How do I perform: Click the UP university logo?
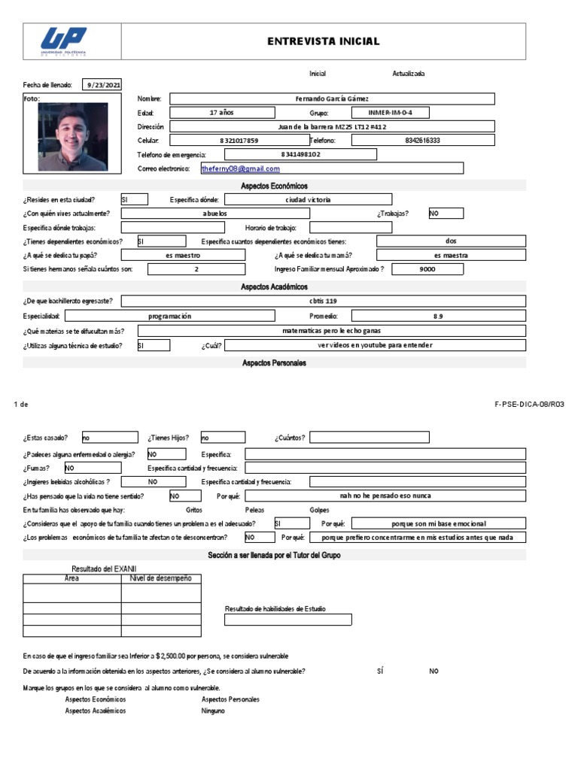64,41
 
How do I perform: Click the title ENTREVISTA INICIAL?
324,41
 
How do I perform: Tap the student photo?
73,138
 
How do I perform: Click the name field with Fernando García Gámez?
332,99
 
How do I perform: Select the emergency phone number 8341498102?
300,155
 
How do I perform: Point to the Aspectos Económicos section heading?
274,186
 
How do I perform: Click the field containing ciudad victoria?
308,200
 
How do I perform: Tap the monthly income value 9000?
427,268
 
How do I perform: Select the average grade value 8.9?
438,317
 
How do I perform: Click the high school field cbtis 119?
331,302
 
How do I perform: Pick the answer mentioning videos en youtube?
376,345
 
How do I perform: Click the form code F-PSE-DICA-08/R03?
529,404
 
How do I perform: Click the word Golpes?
320,510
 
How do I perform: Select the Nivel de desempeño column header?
161,578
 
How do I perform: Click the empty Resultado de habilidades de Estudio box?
288,620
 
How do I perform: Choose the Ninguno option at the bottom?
213,711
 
